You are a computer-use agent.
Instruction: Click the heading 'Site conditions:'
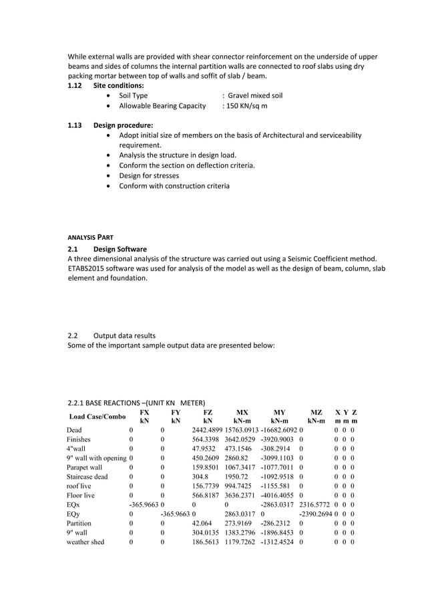(x=118, y=85)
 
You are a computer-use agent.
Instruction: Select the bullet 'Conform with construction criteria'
(x=174, y=186)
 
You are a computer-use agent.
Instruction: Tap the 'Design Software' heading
(x=120, y=249)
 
